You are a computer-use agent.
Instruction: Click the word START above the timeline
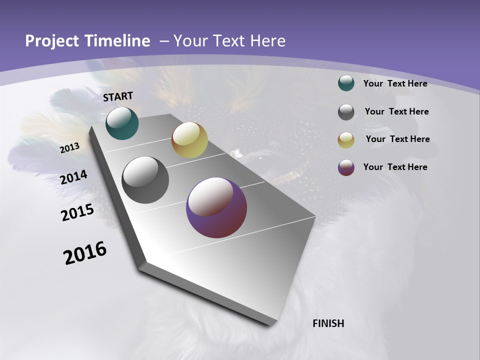click(118, 96)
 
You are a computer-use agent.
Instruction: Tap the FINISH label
click(328, 323)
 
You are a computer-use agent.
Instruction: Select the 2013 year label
click(70, 147)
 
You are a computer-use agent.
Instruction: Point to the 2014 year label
click(74, 177)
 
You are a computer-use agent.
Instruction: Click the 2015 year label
click(77, 212)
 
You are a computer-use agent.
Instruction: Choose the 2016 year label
click(85, 253)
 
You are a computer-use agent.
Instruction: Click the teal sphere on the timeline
click(122, 123)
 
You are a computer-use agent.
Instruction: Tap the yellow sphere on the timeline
click(189, 140)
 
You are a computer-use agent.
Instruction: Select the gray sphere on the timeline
click(145, 180)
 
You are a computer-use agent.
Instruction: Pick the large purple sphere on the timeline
click(216, 208)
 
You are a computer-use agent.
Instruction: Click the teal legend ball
click(346, 83)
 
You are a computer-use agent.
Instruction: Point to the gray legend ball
click(346, 112)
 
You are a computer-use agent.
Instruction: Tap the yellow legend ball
click(346, 140)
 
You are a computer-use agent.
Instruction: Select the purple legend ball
click(346, 167)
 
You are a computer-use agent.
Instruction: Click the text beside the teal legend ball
click(395, 83)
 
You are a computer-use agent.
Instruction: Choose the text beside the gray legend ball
click(396, 111)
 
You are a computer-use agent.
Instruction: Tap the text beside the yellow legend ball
click(397, 139)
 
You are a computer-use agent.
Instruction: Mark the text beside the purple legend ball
click(395, 167)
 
